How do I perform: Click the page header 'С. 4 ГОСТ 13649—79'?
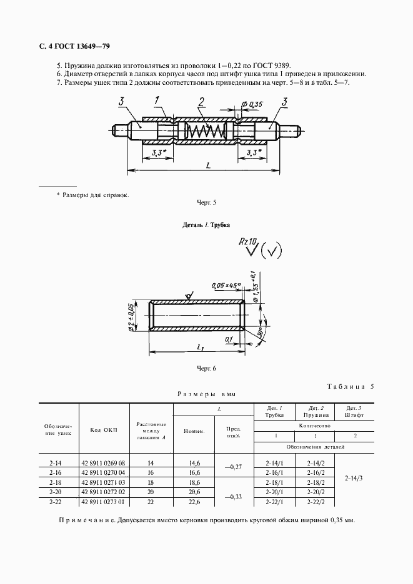(74, 47)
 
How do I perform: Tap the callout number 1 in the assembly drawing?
(157, 101)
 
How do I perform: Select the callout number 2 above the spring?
(201, 102)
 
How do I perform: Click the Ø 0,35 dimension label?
(252, 104)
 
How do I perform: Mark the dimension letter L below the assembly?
(208, 165)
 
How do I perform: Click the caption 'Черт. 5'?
(206, 203)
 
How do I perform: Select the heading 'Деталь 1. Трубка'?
(206, 225)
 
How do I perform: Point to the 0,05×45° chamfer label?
(226, 286)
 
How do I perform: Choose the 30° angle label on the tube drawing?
(260, 331)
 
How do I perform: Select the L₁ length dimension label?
(200, 347)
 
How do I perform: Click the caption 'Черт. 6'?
(206, 369)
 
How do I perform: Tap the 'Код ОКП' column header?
(104, 430)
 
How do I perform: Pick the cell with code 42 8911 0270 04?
(103, 473)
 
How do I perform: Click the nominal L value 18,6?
(194, 483)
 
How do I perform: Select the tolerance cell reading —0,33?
(234, 497)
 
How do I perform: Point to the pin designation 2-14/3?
(354, 479)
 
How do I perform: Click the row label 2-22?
(55, 502)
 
